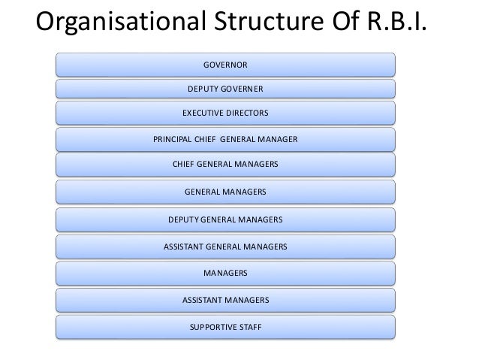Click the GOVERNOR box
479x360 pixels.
point(225,65)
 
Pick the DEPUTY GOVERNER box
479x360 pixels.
point(225,89)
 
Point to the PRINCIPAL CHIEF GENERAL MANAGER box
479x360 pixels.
point(225,140)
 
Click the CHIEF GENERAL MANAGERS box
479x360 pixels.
point(225,164)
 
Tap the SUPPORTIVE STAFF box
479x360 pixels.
point(225,327)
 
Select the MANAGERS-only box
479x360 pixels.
point(225,272)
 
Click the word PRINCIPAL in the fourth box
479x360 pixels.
point(172,140)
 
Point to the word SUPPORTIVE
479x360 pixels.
point(212,327)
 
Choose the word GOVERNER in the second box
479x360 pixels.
point(242,89)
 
